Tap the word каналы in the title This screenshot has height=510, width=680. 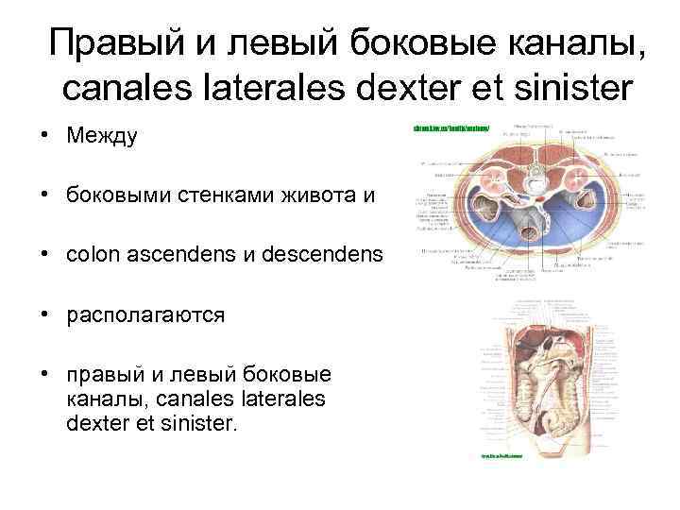click(x=571, y=42)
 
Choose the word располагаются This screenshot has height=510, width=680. click(x=145, y=314)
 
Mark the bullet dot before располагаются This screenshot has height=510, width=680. click(x=44, y=314)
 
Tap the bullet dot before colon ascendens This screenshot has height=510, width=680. click(x=44, y=255)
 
